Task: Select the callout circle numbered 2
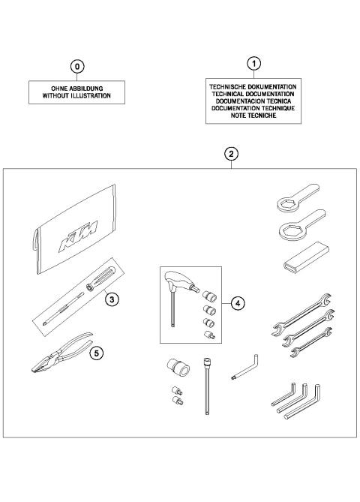232,154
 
